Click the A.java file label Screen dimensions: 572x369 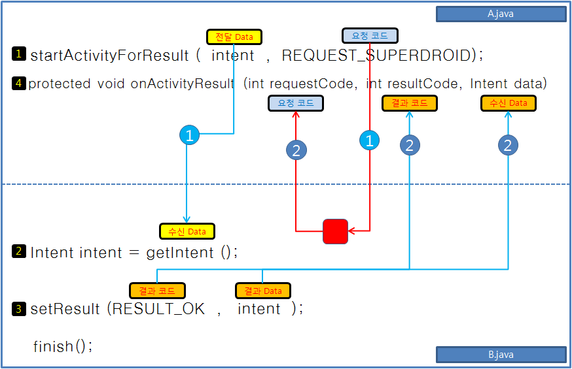point(501,14)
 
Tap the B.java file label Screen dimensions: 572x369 point(501,355)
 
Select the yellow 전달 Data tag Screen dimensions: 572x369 point(234,37)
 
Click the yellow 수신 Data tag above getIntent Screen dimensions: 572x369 point(187,231)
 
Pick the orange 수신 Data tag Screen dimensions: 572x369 point(508,103)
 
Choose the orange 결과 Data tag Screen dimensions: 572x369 point(263,291)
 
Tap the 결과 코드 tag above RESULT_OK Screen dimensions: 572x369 point(157,291)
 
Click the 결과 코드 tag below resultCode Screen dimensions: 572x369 point(409,103)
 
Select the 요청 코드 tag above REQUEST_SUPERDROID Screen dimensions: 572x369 point(370,36)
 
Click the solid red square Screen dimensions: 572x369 point(335,231)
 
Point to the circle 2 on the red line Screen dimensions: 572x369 point(296,150)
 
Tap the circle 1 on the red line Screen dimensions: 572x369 point(370,140)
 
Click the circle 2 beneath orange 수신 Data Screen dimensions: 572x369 point(508,145)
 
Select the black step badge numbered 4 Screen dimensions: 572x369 point(18,83)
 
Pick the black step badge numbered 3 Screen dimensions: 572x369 point(18,309)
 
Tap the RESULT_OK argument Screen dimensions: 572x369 point(158,309)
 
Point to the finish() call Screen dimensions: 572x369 point(62,346)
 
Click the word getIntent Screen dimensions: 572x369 point(180,253)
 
